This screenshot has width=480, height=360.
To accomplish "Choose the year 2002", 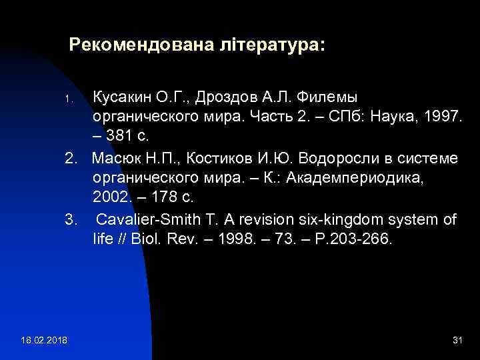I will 109,199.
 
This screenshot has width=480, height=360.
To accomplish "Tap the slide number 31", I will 457,341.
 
